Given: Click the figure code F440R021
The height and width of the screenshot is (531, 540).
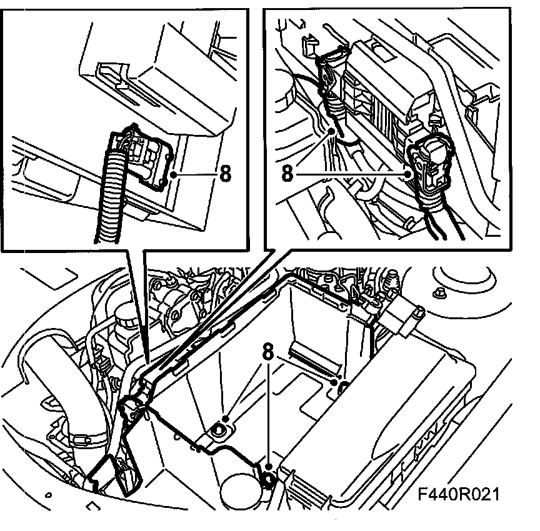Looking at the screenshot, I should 459,495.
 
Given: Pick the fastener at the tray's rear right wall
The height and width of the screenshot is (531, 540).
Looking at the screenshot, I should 342,389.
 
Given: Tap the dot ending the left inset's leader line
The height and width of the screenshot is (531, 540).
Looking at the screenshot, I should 178,174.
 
